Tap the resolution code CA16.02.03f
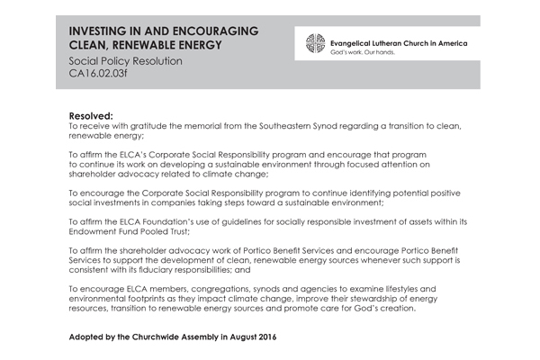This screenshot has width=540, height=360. (100, 76)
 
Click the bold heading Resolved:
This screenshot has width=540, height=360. (91, 117)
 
